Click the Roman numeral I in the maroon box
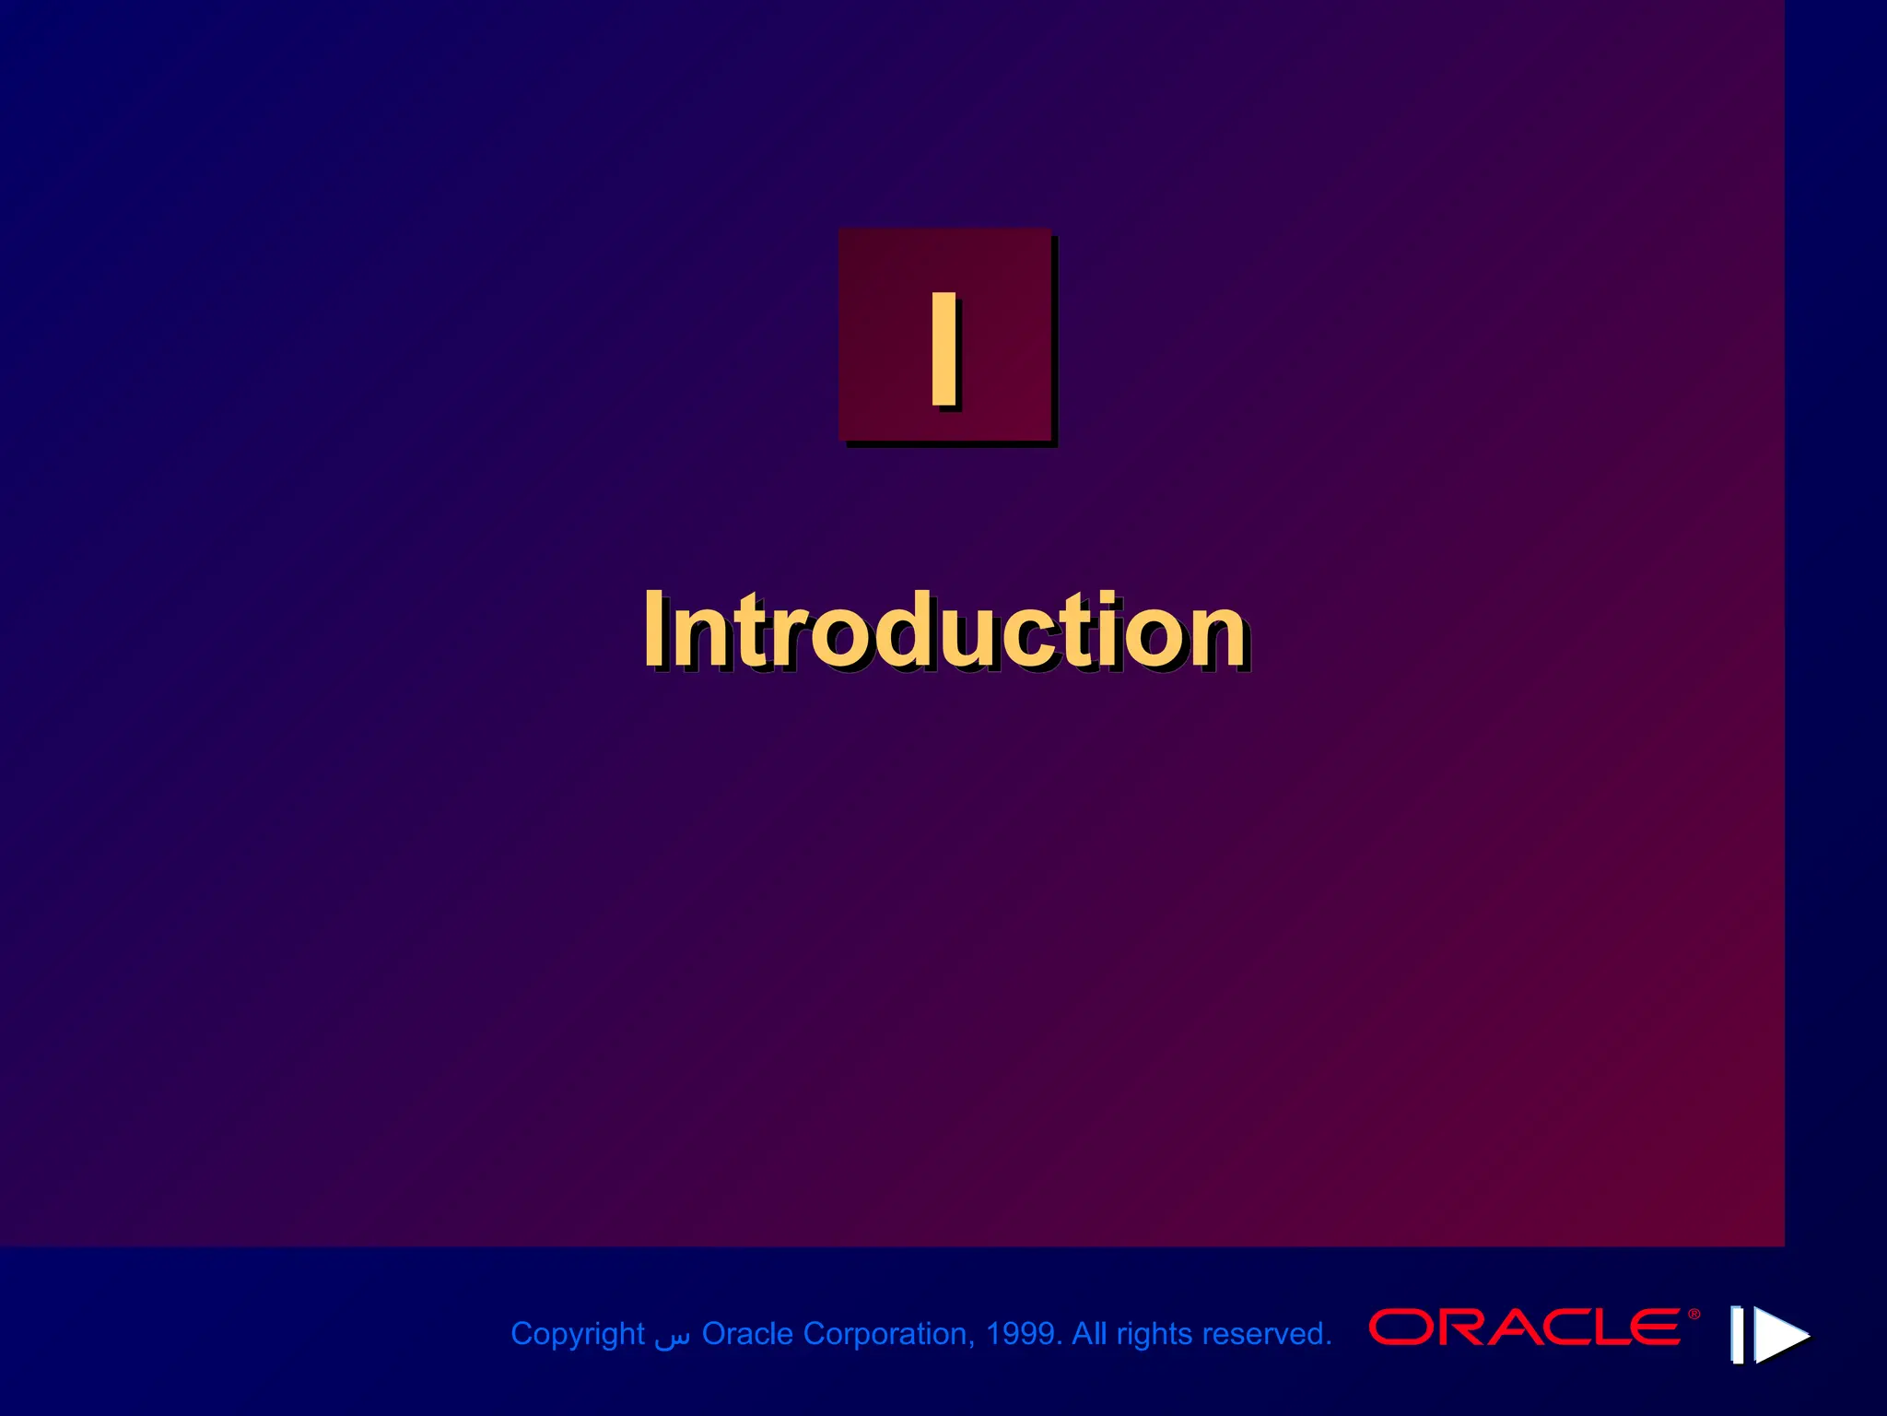(943, 348)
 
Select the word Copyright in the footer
(577, 1334)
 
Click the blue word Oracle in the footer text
(747, 1334)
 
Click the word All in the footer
(1089, 1334)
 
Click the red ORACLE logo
(1525, 1327)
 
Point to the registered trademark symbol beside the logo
(1694, 1315)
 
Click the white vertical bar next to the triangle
(1737, 1334)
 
